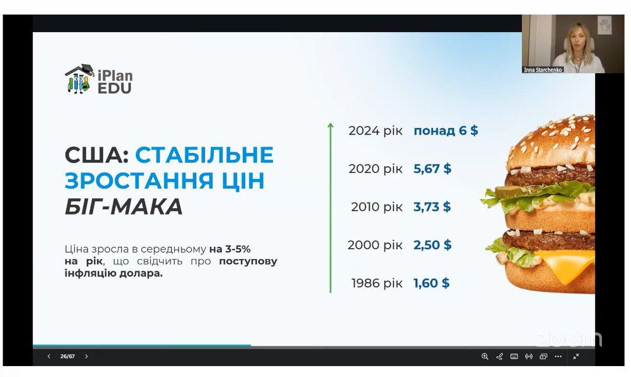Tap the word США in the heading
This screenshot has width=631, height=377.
tap(97, 155)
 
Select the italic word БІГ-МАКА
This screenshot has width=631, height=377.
tap(124, 207)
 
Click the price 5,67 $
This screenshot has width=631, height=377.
tap(432, 169)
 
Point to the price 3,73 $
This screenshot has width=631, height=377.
tap(432, 207)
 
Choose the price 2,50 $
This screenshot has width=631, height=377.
tap(432, 245)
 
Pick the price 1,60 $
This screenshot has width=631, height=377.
tap(431, 283)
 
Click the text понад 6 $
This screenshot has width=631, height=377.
tap(446, 130)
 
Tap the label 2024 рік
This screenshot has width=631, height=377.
tap(376, 131)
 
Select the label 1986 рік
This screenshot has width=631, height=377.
tap(377, 283)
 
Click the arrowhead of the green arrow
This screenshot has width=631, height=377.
tap(331, 125)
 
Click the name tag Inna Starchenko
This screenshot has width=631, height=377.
tap(543, 70)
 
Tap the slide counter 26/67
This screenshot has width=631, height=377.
tap(67, 356)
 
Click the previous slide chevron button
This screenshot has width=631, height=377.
tap(49, 356)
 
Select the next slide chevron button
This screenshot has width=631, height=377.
tap(86, 356)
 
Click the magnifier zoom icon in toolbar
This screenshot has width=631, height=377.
tap(485, 356)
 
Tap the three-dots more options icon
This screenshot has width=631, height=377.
tap(558, 356)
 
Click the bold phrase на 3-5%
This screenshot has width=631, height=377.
tap(230, 249)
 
